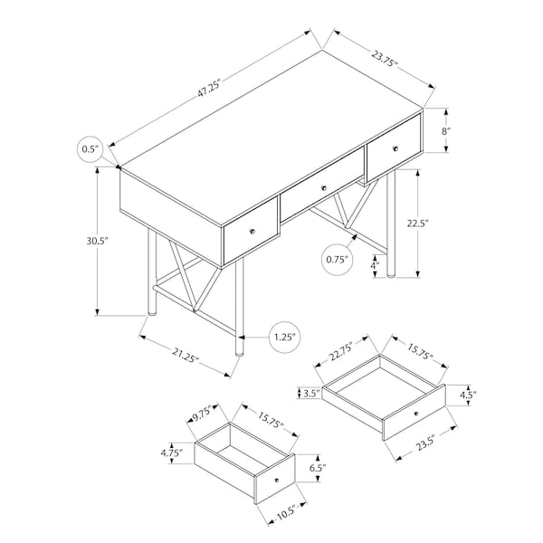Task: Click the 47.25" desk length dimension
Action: pyautogui.click(x=209, y=89)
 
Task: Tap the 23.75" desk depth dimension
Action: pyautogui.click(x=385, y=59)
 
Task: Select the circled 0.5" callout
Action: pyautogui.click(x=90, y=149)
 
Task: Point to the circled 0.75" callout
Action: pyautogui.click(x=338, y=260)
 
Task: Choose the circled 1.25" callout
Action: pyautogui.click(x=285, y=338)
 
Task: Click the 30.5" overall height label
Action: pyautogui.click(x=98, y=241)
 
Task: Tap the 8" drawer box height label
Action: pyautogui.click(x=446, y=131)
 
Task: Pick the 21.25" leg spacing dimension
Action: pyautogui.click(x=186, y=354)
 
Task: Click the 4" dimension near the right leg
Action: pyautogui.click(x=375, y=265)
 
